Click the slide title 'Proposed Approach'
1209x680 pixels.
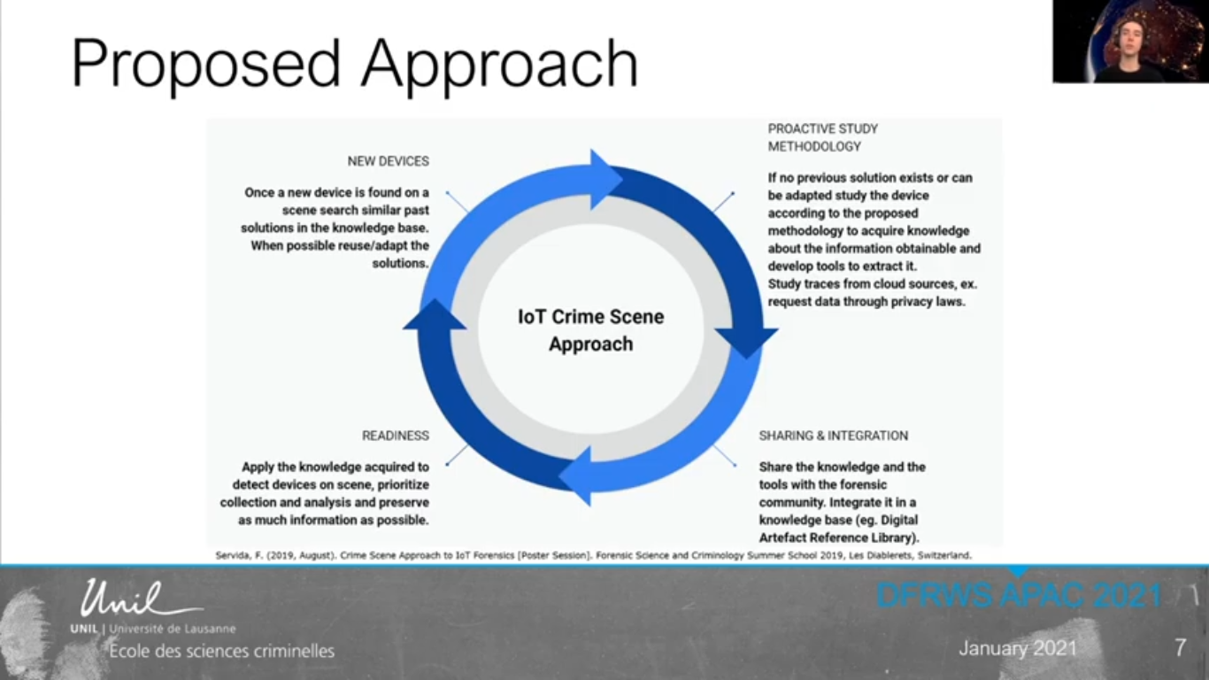(x=354, y=64)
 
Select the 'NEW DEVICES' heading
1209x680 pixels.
(x=388, y=161)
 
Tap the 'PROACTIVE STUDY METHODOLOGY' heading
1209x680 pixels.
(x=822, y=137)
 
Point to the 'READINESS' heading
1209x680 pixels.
(x=395, y=436)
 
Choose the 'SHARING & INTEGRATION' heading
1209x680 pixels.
(x=833, y=436)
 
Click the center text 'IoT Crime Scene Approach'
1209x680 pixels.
(x=590, y=330)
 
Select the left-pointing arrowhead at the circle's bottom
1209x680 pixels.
(x=576, y=475)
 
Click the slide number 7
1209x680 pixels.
(x=1180, y=647)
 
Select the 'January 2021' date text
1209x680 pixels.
(x=1018, y=648)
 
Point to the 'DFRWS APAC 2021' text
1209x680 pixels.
(x=1018, y=595)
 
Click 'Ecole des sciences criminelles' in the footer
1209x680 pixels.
(x=221, y=652)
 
